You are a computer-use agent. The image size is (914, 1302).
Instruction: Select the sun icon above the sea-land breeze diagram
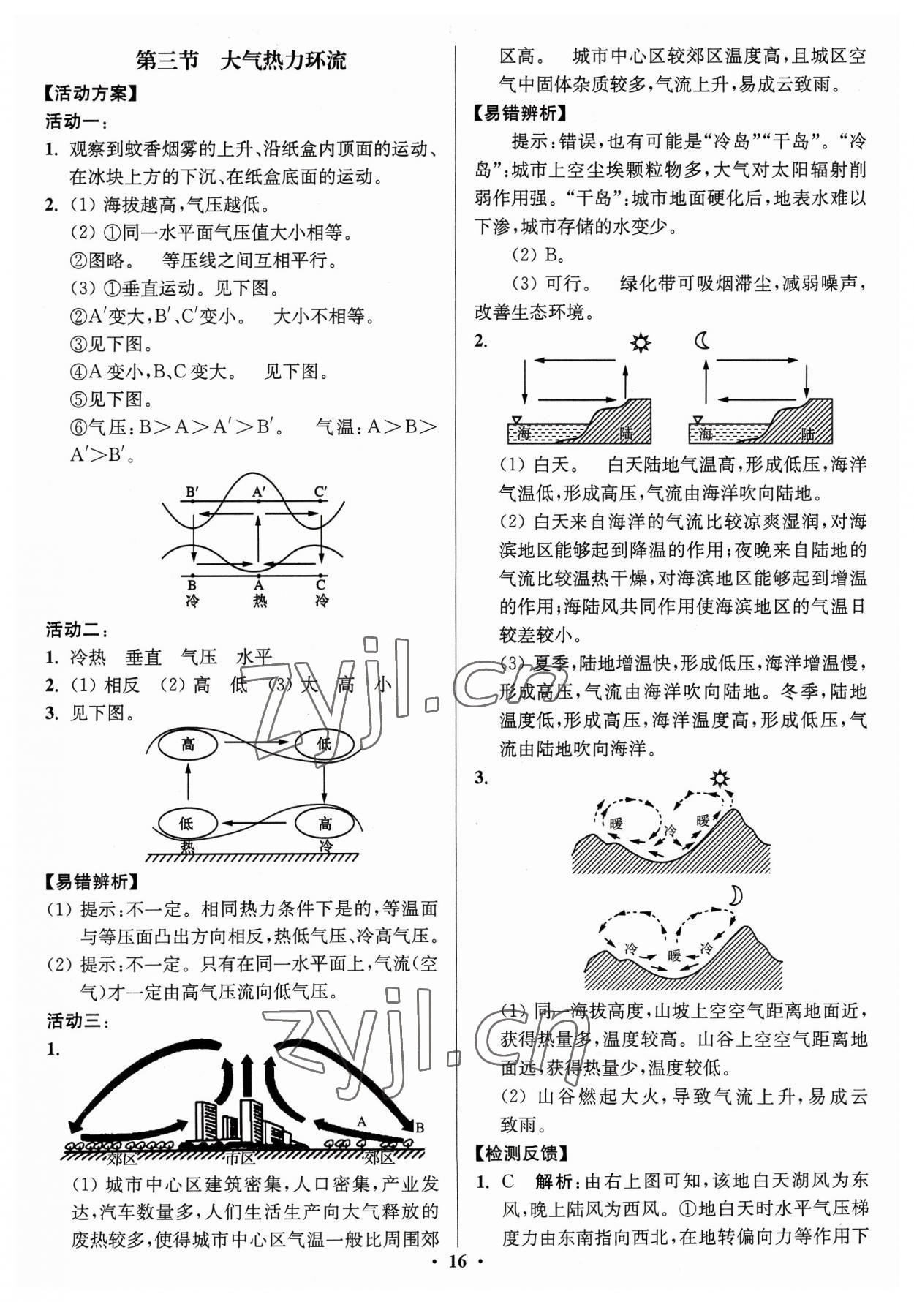click(641, 342)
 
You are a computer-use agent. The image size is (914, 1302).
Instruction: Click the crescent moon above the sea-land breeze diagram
click(703, 341)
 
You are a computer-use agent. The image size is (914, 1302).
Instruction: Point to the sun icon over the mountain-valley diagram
click(721, 778)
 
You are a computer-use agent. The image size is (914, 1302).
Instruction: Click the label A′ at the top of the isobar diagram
click(258, 492)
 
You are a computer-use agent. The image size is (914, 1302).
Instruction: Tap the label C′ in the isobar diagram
click(320, 492)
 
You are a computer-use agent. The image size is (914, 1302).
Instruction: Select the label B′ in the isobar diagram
click(192, 492)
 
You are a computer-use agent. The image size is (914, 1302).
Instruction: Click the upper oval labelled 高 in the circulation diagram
click(188, 745)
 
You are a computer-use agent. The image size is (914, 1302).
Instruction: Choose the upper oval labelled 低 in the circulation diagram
click(324, 745)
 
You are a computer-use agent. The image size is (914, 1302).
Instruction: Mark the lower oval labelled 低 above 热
click(186, 823)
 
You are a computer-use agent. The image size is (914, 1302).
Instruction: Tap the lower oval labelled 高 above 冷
click(325, 823)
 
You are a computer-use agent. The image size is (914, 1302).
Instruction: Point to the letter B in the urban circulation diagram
click(420, 1127)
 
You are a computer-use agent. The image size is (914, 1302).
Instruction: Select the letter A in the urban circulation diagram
click(361, 1121)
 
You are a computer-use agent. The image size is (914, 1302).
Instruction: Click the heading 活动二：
click(77, 629)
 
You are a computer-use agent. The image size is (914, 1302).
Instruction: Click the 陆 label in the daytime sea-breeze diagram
click(627, 433)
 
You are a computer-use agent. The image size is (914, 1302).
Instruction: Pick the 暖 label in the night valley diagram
click(673, 955)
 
